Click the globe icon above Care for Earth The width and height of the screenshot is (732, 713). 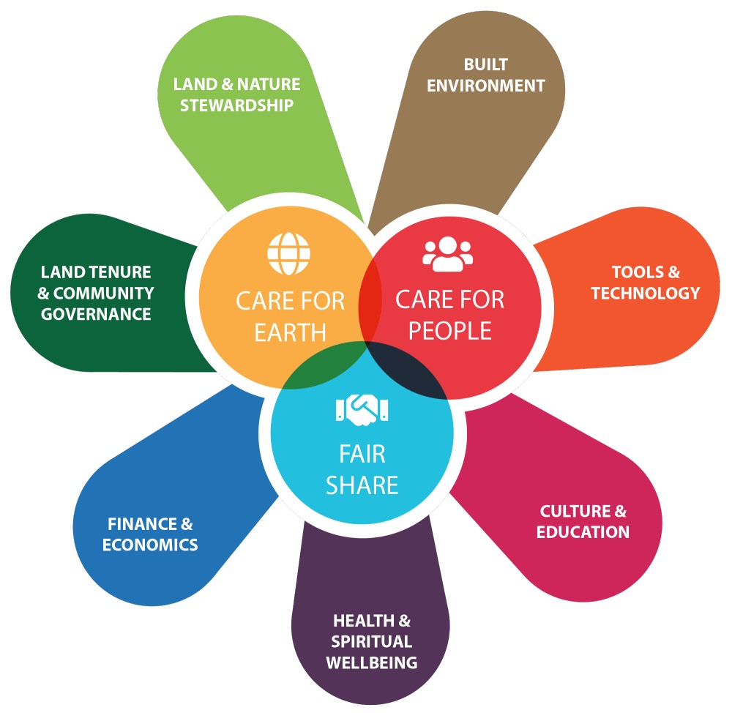(288, 253)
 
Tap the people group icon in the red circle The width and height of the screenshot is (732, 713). (448, 254)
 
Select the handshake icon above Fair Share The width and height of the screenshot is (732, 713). (362, 409)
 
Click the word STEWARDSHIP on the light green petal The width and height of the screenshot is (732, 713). (236, 105)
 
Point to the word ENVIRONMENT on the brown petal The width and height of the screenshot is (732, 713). (486, 86)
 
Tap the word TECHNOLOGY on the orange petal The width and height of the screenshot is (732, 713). (646, 294)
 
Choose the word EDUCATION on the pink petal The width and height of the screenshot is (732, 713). (583, 532)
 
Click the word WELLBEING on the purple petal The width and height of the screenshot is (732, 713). (372, 662)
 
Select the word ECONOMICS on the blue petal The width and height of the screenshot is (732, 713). (150, 545)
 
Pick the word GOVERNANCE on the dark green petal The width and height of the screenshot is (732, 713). (96, 314)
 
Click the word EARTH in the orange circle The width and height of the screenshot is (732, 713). (290, 332)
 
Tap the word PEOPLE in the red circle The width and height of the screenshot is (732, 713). (450, 331)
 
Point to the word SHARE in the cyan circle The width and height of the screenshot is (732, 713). (362, 485)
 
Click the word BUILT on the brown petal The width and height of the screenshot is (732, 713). (485, 64)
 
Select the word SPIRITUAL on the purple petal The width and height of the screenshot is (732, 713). (372, 641)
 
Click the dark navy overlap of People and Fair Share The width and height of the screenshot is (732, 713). (406, 370)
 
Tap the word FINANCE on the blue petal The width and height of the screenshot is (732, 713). (142, 524)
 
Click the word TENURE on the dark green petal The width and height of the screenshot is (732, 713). (124, 272)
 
